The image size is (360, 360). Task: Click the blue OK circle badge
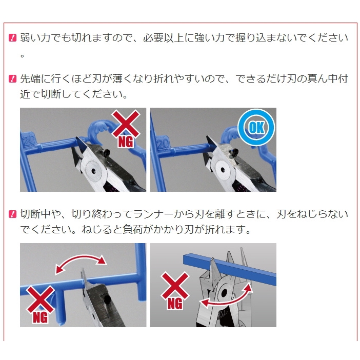click(x=256, y=127)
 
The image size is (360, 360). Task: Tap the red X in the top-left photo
click(x=126, y=124)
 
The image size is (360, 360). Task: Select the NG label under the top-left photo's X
click(x=126, y=142)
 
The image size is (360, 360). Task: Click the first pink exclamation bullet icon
click(x=12, y=37)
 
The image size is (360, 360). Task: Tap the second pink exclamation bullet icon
click(x=12, y=79)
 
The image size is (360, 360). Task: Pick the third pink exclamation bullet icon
click(x=12, y=214)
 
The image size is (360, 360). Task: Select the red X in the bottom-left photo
click(x=41, y=299)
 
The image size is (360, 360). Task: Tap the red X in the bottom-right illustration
click(x=175, y=286)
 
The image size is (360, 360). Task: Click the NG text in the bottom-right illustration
click(x=175, y=304)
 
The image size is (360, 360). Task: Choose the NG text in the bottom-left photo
click(x=41, y=317)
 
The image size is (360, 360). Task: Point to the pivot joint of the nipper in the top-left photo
click(x=93, y=171)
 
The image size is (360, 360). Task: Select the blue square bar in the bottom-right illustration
click(x=230, y=268)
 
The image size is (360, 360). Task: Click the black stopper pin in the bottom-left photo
click(x=107, y=299)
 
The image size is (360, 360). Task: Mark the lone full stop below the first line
click(x=22, y=56)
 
